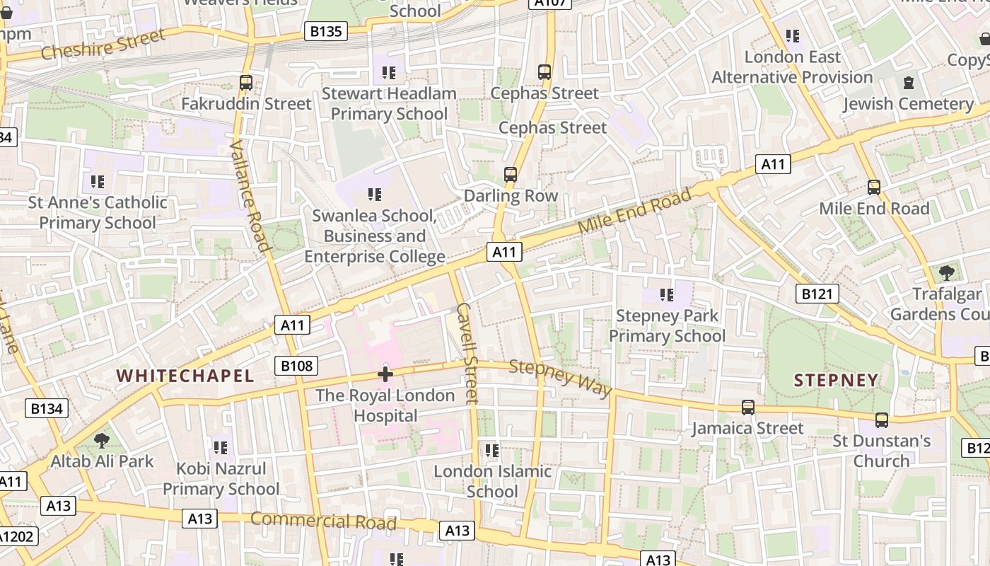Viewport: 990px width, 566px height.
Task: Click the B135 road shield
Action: (x=326, y=31)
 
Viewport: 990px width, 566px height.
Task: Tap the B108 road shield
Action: (x=296, y=366)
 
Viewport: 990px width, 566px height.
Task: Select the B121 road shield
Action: (x=817, y=294)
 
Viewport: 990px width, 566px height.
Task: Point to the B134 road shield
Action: (x=47, y=408)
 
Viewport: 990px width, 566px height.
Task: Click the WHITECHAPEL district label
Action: (x=185, y=376)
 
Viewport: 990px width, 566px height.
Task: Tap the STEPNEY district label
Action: (x=836, y=381)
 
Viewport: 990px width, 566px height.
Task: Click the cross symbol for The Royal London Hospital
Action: (x=385, y=374)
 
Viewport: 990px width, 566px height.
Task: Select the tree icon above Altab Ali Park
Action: (x=102, y=441)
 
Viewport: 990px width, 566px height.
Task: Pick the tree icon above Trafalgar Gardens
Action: (x=946, y=272)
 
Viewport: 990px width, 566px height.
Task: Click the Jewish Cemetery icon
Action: (x=908, y=83)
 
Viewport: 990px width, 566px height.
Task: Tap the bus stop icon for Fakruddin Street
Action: (x=246, y=83)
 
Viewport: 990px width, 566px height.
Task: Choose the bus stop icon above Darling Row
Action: (x=510, y=175)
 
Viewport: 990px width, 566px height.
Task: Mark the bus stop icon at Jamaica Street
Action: (x=747, y=408)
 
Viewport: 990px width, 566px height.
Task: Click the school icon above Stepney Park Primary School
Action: (x=666, y=294)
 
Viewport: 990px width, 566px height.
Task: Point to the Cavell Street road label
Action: (x=467, y=353)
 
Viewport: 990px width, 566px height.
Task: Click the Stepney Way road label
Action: (x=559, y=378)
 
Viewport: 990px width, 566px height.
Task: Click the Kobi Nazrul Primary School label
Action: (x=221, y=479)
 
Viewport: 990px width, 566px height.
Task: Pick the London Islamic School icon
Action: (x=492, y=450)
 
